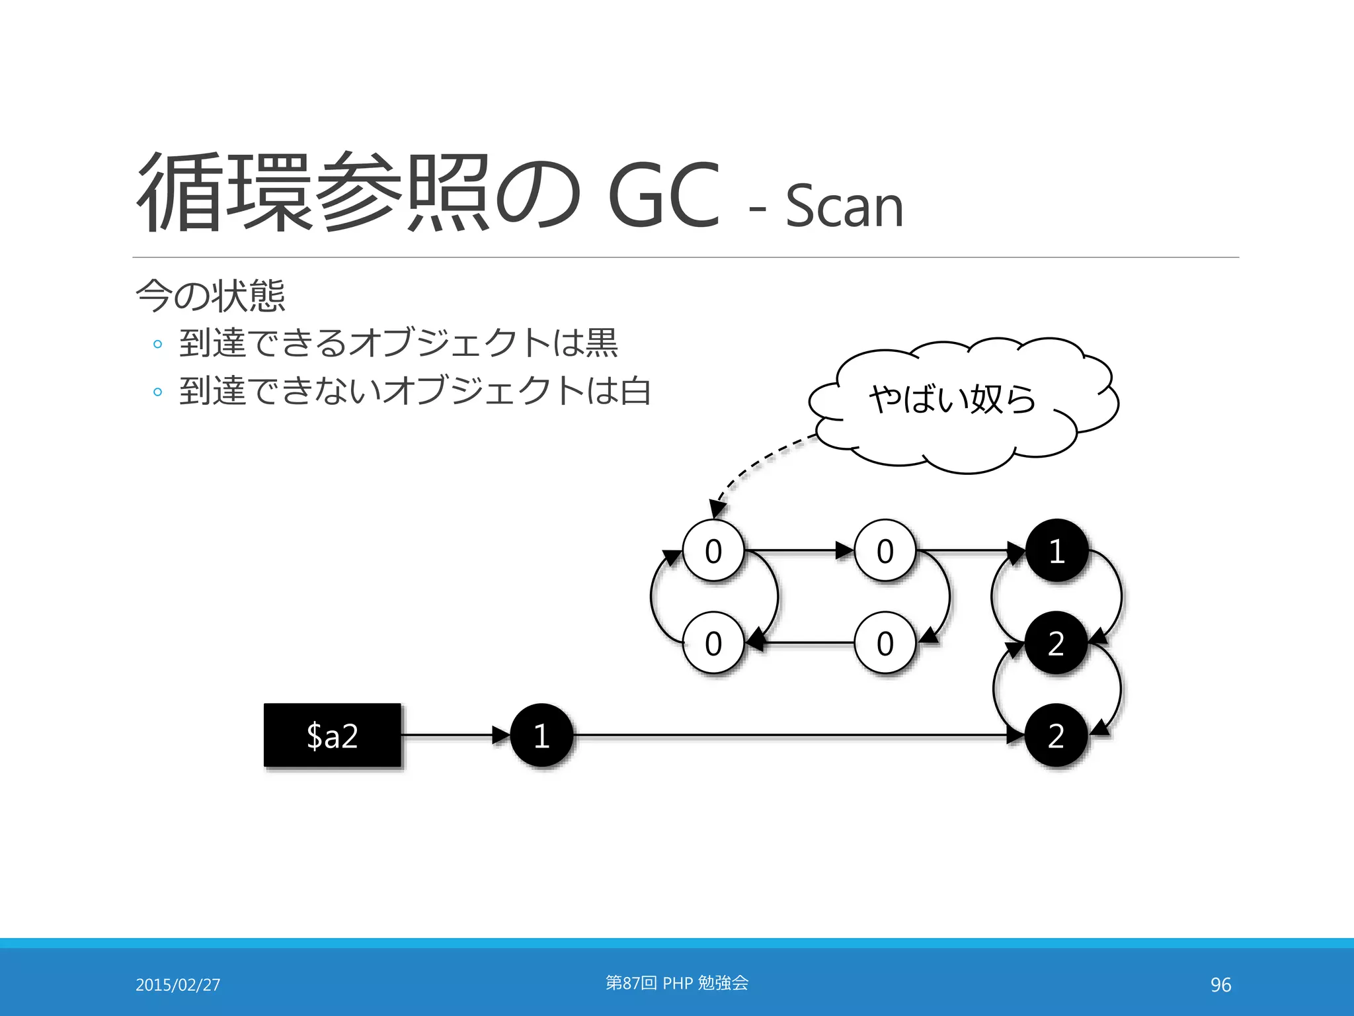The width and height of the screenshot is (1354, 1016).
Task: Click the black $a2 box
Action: pos(332,735)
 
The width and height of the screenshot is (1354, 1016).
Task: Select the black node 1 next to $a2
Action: pos(541,735)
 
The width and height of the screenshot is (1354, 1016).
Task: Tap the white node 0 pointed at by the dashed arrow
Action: pos(713,550)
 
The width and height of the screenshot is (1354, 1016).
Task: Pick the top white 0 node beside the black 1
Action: pos(885,550)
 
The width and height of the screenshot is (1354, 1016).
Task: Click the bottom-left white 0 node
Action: pos(713,643)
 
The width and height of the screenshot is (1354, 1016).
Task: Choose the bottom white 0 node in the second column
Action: pos(885,643)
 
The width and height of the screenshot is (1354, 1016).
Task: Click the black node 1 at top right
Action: pos(1056,550)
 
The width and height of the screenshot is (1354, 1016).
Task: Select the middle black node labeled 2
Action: pos(1056,643)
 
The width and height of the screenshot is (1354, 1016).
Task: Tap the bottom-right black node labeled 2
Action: pos(1056,735)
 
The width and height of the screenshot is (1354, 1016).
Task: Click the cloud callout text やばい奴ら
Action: pos(952,399)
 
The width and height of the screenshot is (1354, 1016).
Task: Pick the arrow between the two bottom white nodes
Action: pos(800,642)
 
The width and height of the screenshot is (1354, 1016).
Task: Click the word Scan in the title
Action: pos(844,206)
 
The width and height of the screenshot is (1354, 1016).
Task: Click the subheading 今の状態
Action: pos(210,296)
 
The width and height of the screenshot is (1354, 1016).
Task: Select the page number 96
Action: pos(1220,984)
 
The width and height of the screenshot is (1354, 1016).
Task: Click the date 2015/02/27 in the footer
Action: pos(178,984)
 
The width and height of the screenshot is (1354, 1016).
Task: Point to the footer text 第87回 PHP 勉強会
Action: pos(677,983)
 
